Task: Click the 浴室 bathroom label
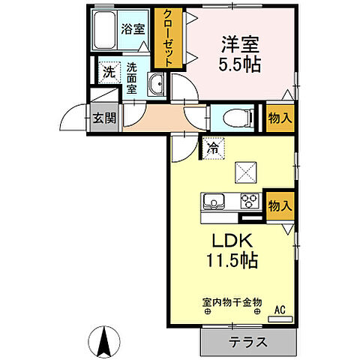(134, 31)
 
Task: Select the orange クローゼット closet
(164, 38)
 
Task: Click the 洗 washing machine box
(108, 73)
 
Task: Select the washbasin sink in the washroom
(157, 86)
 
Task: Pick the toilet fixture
(232, 118)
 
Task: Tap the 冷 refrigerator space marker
(213, 148)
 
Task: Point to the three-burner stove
(249, 202)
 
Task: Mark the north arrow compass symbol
(106, 343)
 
